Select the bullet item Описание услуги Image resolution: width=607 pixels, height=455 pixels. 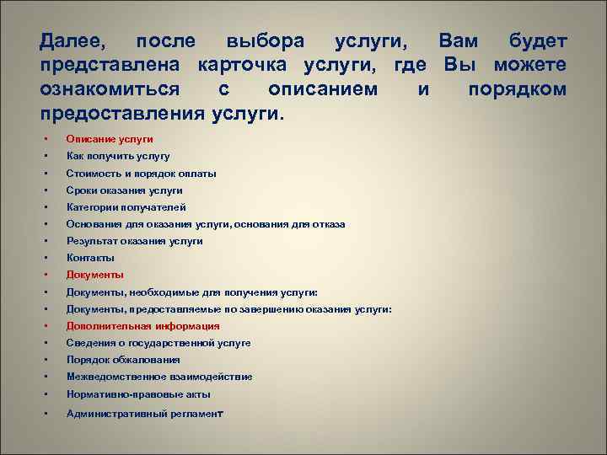110,139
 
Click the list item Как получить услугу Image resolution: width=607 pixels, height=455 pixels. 118,156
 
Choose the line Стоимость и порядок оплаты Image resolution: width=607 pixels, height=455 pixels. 141,173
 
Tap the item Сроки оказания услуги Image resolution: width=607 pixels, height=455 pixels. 124,190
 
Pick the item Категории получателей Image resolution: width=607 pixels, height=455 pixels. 126,207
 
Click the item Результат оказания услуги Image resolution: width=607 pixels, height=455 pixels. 134,241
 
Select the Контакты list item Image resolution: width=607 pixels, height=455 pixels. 90,258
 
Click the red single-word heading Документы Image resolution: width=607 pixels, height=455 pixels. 95,275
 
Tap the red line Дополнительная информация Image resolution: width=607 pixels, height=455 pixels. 142,326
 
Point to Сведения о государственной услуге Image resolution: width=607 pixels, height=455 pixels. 158,343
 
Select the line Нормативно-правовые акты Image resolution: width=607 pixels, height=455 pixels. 138,394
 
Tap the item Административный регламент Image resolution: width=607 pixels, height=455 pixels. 144,414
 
